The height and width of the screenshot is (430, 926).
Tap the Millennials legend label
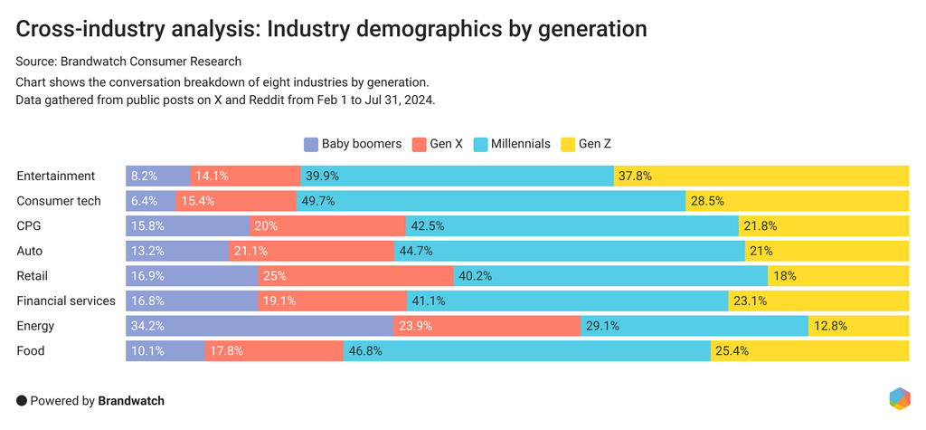pyautogui.click(x=520, y=144)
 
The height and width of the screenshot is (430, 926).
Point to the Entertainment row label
pyautogui.click(x=56, y=177)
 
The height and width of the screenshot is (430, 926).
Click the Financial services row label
pyautogui.click(x=66, y=301)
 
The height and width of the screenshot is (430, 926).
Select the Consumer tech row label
pyautogui.click(x=59, y=201)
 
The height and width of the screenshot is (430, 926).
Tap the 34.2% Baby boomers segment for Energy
pyautogui.click(x=260, y=326)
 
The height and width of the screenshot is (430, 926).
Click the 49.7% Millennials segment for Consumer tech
pyautogui.click(x=490, y=201)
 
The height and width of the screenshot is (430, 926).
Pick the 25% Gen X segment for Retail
pyautogui.click(x=355, y=276)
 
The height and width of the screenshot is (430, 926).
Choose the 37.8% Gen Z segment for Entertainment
pyautogui.click(x=761, y=177)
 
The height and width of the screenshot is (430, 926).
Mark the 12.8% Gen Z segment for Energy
pyautogui.click(x=858, y=326)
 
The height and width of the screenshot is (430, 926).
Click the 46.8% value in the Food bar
pyautogui.click(x=369, y=351)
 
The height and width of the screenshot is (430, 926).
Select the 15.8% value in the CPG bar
pyautogui.click(x=147, y=226)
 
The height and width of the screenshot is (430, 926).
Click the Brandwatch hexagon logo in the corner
pyautogui.click(x=899, y=398)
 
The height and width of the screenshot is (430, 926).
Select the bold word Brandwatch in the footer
pyautogui.click(x=131, y=400)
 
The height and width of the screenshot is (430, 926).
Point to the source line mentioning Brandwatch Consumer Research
pyautogui.click(x=129, y=62)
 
